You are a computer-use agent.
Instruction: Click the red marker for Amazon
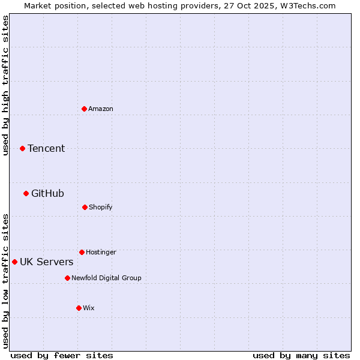tap(84, 109)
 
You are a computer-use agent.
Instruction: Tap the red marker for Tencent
tap(22, 148)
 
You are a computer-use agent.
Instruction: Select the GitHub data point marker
tap(26, 193)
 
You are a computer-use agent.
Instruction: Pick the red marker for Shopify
tap(85, 207)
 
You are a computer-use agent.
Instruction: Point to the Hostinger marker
tap(82, 252)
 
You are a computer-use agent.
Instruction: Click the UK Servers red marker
tap(14, 262)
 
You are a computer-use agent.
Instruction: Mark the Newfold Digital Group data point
tap(67, 278)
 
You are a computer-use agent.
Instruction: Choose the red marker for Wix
tap(79, 308)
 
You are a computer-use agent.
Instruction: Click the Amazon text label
tap(101, 109)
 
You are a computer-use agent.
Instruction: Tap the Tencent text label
tap(46, 148)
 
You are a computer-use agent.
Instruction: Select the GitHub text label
tap(47, 193)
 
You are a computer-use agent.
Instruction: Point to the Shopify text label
tap(101, 207)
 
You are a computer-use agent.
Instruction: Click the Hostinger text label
tap(101, 252)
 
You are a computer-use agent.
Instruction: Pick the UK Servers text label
tap(47, 262)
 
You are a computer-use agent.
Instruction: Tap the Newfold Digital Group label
tap(106, 278)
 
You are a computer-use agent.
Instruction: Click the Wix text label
tap(89, 308)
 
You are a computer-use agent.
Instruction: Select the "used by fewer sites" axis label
tap(62, 355)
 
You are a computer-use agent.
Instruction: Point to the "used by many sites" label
tap(301, 355)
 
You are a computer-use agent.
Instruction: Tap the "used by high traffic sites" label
tap(5, 85)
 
